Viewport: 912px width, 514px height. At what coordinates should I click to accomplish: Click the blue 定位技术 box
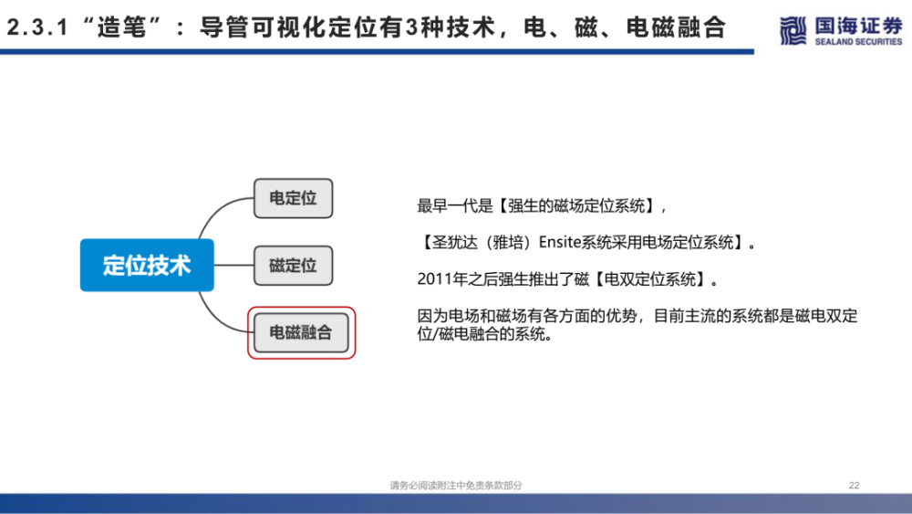point(147,265)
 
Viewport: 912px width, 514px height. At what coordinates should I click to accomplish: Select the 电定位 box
point(293,198)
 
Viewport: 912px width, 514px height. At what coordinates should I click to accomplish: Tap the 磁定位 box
point(293,266)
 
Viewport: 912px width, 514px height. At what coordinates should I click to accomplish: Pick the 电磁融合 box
point(301,333)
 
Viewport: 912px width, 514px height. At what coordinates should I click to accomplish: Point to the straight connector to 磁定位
point(233,266)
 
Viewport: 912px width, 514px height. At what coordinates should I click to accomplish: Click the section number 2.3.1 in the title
point(37,27)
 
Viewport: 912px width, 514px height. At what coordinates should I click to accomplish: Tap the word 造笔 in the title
point(121,27)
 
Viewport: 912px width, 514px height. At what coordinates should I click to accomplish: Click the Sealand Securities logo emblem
point(793,30)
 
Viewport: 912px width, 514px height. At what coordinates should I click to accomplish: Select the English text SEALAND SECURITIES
point(858,42)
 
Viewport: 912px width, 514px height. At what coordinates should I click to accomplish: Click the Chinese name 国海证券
point(858,26)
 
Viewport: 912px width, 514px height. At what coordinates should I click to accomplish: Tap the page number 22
point(854,486)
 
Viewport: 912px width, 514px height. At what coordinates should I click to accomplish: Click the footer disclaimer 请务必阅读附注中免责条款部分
point(456,486)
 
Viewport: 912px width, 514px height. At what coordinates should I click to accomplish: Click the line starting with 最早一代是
point(542,206)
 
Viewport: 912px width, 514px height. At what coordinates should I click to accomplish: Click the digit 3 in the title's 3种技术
point(412,27)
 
